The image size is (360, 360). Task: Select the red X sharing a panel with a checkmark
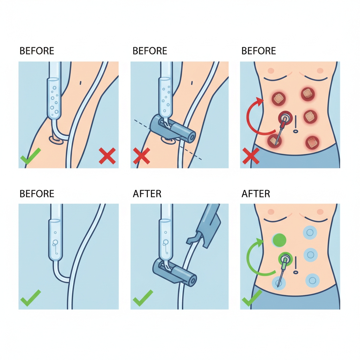tap(107, 156)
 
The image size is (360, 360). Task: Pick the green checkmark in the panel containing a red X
tap(31, 156)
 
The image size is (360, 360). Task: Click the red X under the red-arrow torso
tap(251, 156)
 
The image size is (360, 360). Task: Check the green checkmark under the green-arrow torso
tap(252, 298)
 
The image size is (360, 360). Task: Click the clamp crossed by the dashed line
tap(173, 130)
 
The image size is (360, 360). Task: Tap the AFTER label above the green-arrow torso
tap(256, 194)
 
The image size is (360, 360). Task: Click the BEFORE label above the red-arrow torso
tap(258, 51)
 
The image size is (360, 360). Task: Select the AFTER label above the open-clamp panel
tap(147, 194)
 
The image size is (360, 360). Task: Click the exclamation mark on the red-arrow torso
tap(295, 124)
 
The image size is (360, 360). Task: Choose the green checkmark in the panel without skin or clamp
tap(31, 298)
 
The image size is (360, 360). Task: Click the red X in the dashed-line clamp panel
tap(142, 156)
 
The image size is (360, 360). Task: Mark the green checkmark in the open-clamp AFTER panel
tap(143, 298)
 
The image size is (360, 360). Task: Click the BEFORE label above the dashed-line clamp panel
tap(150, 51)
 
